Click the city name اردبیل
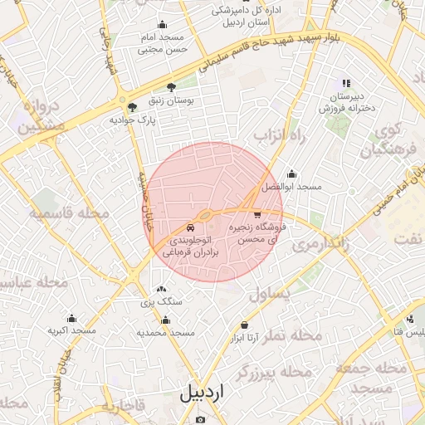click(202, 393)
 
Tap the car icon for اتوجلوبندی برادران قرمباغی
click(191, 227)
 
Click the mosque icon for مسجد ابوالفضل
click(291, 174)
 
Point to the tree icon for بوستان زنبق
click(171, 87)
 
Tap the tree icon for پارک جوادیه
click(131, 107)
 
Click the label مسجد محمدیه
click(165, 332)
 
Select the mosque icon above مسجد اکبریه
click(71, 319)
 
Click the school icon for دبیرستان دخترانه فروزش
click(346, 83)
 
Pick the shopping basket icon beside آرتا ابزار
click(244, 325)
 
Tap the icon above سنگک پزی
click(160, 289)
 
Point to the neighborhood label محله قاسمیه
click(71, 214)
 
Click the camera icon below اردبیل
click(199, 419)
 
